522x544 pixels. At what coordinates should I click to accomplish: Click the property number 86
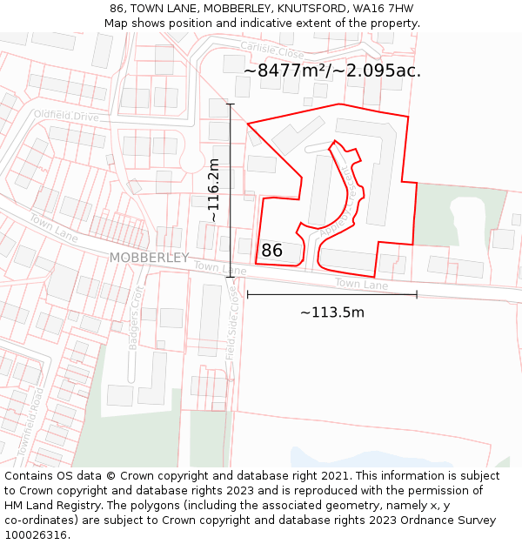click(x=271, y=251)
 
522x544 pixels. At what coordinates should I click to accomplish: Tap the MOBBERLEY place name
click(x=149, y=258)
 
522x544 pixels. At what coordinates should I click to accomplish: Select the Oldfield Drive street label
click(x=67, y=115)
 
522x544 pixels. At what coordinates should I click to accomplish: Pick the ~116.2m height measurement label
click(x=214, y=191)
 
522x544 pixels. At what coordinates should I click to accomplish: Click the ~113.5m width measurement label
click(x=331, y=312)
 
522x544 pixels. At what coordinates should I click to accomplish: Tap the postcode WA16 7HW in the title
click(x=383, y=9)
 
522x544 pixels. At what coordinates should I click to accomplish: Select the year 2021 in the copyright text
click(x=331, y=476)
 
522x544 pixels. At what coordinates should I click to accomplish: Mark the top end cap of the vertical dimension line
click(x=231, y=104)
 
